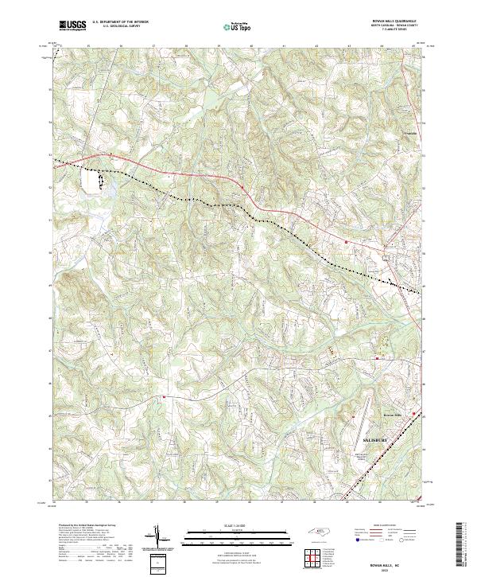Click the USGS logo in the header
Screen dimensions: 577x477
72,25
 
